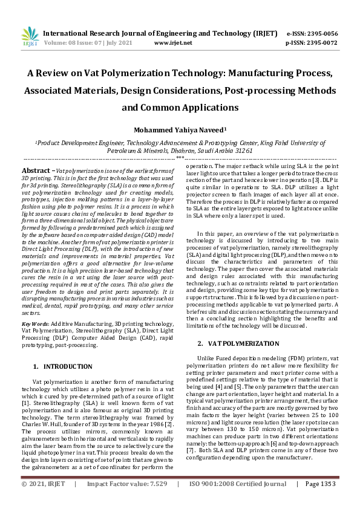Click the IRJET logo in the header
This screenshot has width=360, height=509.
coord(25,37)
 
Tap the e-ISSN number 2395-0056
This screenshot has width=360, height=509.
coord(320,33)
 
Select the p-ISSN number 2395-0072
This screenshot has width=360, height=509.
coord(320,43)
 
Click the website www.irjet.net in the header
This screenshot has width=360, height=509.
coord(173,43)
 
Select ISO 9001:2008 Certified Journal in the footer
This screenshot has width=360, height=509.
coord(238,501)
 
